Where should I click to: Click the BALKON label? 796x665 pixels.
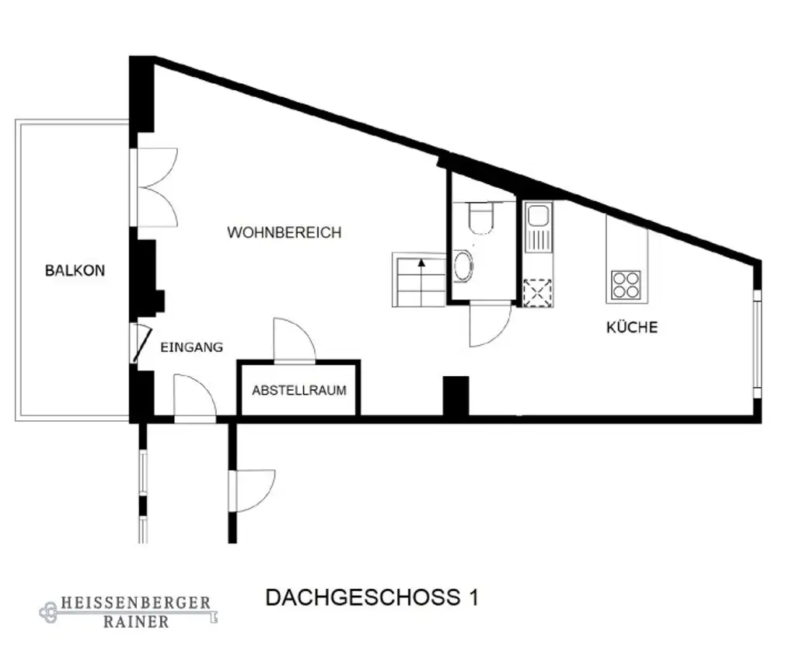click(x=75, y=271)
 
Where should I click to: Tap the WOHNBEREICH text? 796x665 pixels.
click(x=284, y=232)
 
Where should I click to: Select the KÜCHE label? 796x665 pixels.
click(x=631, y=327)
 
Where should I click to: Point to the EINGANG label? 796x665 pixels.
click(x=191, y=347)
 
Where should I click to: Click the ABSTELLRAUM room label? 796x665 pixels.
click(x=298, y=390)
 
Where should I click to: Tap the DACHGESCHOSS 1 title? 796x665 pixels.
click(x=372, y=597)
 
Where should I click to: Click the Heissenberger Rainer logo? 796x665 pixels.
click(x=128, y=612)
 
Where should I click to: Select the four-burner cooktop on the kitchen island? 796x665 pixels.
click(x=626, y=285)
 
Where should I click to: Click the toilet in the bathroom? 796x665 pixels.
click(x=480, y=218)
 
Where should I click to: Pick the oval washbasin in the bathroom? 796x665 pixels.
click(x=463, y=266)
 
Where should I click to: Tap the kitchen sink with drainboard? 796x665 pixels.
click(x=537, y=227)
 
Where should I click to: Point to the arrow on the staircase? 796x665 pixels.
click(x=421, y=265)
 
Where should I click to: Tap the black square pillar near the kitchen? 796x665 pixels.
click(x=456, y=396)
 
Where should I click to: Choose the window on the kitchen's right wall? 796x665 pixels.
click(x=756, y=342)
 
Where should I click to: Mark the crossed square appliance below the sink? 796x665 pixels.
click(x=537, y=291)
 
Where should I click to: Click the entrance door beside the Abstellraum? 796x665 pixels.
click(x=193, y=398)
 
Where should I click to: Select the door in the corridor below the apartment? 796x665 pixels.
click(x=251, y=490)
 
